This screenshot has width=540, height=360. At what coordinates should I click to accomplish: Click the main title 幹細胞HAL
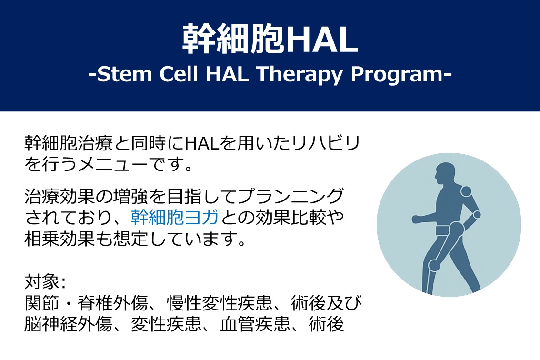tap(270, 39)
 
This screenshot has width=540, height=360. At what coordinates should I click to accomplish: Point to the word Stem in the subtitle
tap(124, 74)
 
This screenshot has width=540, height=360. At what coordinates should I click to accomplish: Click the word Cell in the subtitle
tap(179, 74)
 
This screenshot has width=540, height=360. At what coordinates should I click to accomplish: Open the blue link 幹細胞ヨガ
tap(175, 217)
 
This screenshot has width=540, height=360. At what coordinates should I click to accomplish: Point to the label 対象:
tap(45, 282)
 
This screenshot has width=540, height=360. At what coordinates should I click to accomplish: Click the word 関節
tap(42, 303)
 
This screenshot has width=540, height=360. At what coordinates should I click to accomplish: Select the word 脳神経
tap(51, 324)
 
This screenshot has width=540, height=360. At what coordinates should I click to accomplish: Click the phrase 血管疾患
tap(255, 324)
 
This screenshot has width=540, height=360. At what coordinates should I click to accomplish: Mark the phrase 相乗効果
tap(60, 239)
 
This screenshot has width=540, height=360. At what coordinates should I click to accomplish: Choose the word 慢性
tap(184, 303)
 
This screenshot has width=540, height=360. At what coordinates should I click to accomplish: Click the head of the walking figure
tap(445, 175)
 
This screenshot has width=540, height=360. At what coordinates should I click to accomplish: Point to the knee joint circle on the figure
tap(434, 265)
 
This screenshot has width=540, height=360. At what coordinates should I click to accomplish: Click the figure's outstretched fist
tap(417, 219)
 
